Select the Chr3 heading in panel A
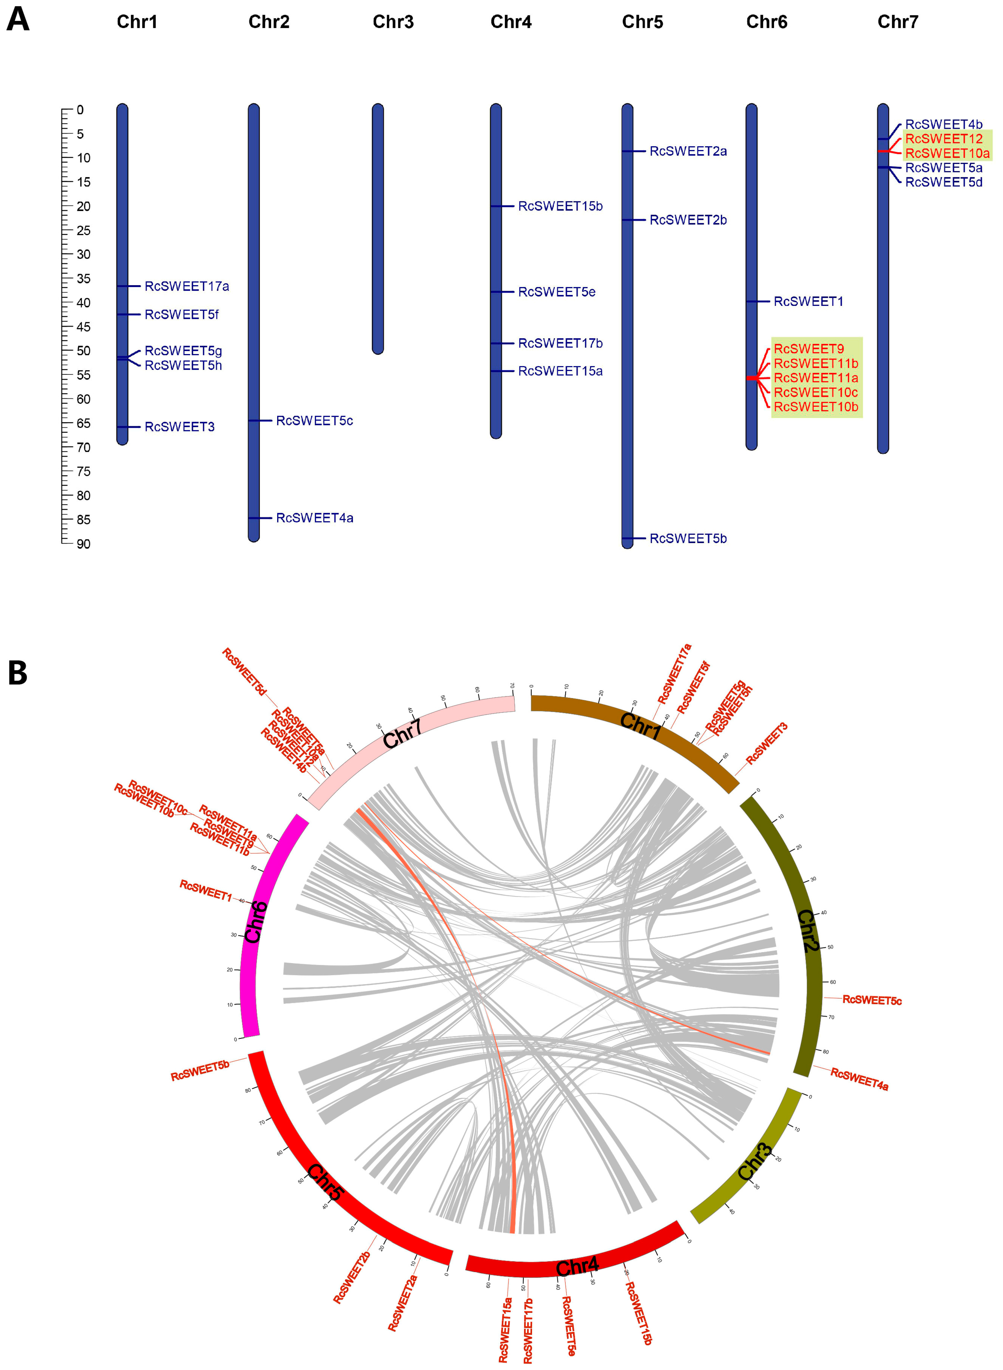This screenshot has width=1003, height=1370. [x=393, y=22]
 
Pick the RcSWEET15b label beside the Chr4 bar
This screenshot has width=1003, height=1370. [x=560, y=206]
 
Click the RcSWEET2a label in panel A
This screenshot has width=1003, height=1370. [x=688, y=151]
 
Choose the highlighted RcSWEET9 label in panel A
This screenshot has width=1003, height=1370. [x=808, y=349]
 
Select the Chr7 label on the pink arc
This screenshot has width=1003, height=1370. [x=402, y=735]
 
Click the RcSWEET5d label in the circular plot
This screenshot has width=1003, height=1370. [x=244, y=672]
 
